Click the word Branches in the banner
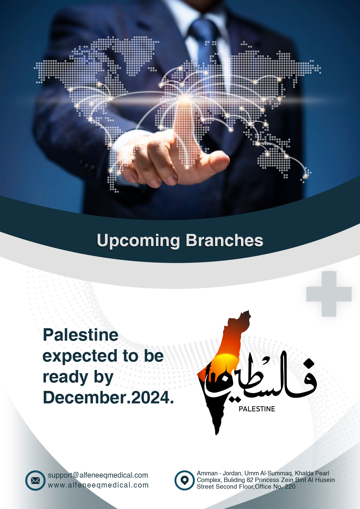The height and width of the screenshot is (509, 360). pyautogui.click(x=224, y=241)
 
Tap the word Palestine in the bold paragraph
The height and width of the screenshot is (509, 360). pyautogui.click(x=81, y=335)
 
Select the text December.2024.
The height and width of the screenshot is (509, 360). pyautogui.click(x=108, y=397)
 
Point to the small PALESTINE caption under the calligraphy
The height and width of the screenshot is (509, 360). pyautogui.click(x=257, y=409)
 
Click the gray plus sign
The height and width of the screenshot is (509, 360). pyautogui.click(x=329, y=294)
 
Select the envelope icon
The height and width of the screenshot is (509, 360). pyautogui.click(x=35, y=481)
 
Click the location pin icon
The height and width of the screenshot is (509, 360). pyautogui.click(x=184, y=481)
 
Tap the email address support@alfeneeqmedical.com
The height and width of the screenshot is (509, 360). pyautogui.click(x=98, y=475)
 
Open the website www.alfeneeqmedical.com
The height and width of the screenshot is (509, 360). pyautogui.click(x=98, y=485)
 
